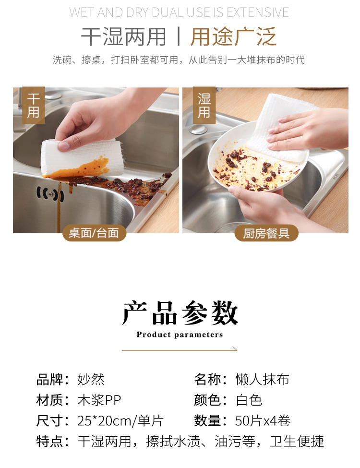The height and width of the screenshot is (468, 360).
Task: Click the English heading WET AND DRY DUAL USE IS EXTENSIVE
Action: pyautogui.click(x=179, y=12)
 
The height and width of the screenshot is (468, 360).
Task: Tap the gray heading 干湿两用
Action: pyautogui.click(x=123, y=36)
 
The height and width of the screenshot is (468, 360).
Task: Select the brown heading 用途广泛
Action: pyautogui.click(x=233, y=36)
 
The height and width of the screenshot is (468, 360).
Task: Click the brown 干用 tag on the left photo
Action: pyautogui.click(x=34, y=105)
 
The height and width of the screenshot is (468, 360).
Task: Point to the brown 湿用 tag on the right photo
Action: pyautogui.click(x=204, y=105)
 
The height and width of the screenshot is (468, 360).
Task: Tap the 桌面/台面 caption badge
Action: pyautogui.click(x=94, y=233)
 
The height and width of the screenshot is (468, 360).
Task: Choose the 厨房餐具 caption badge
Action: pyautogui.click(x=266, y=233)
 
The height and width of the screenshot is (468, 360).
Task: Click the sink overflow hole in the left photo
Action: pyautogui.click(x=50, y=194)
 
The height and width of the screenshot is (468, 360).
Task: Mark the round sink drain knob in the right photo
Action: pyautogui.click(x=197, y=129)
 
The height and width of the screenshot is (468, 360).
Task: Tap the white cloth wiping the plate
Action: pyautogui.click(x=281, y=127)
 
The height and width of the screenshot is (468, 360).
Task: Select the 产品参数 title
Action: pyautogui.click(x=180, y=313)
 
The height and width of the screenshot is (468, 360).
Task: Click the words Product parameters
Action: pyautogui.click(x=180, y=335)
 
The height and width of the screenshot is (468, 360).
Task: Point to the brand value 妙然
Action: pyautogui.click(x=91, y=380)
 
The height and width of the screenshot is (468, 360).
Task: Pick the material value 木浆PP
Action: pyautogui.click(x=99, y=400)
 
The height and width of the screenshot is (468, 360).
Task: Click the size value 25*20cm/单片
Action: pyautogui.click(x=120, y=421)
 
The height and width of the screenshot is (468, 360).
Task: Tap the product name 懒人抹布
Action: pyautogui.click(x=263, y=380)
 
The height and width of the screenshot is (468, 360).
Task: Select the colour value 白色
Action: pyautogui.click(x=249, y=400)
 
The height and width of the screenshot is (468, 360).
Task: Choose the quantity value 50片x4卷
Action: pyautogui.click(x=263, y=421)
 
